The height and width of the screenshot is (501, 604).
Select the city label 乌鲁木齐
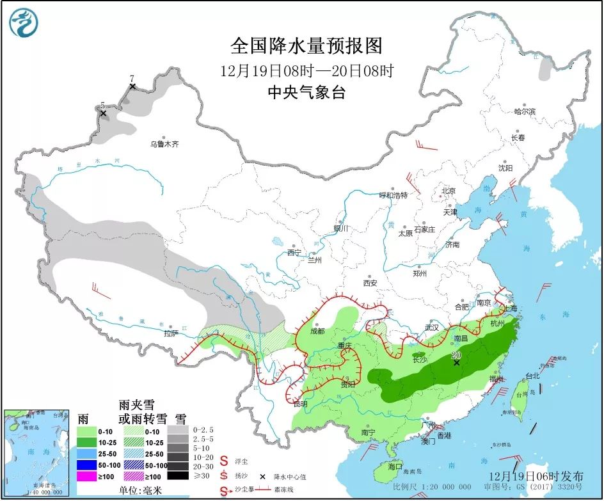coord(164,145)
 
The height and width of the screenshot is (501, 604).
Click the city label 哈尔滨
coord(524,111)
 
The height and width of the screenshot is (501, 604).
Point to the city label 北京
coord(448,191)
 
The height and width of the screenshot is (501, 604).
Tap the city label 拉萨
coord(170,333)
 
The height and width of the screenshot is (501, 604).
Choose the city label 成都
coord(316,331)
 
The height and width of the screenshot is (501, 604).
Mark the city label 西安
coord(370,282)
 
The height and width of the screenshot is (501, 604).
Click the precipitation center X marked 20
coord(456,363)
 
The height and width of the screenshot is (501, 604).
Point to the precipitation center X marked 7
coord(132,86)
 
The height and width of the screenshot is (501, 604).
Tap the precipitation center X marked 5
coord(102,113)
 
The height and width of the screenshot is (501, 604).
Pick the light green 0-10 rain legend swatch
coord(86,433)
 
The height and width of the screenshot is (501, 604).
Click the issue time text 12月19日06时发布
coord(536,476)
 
